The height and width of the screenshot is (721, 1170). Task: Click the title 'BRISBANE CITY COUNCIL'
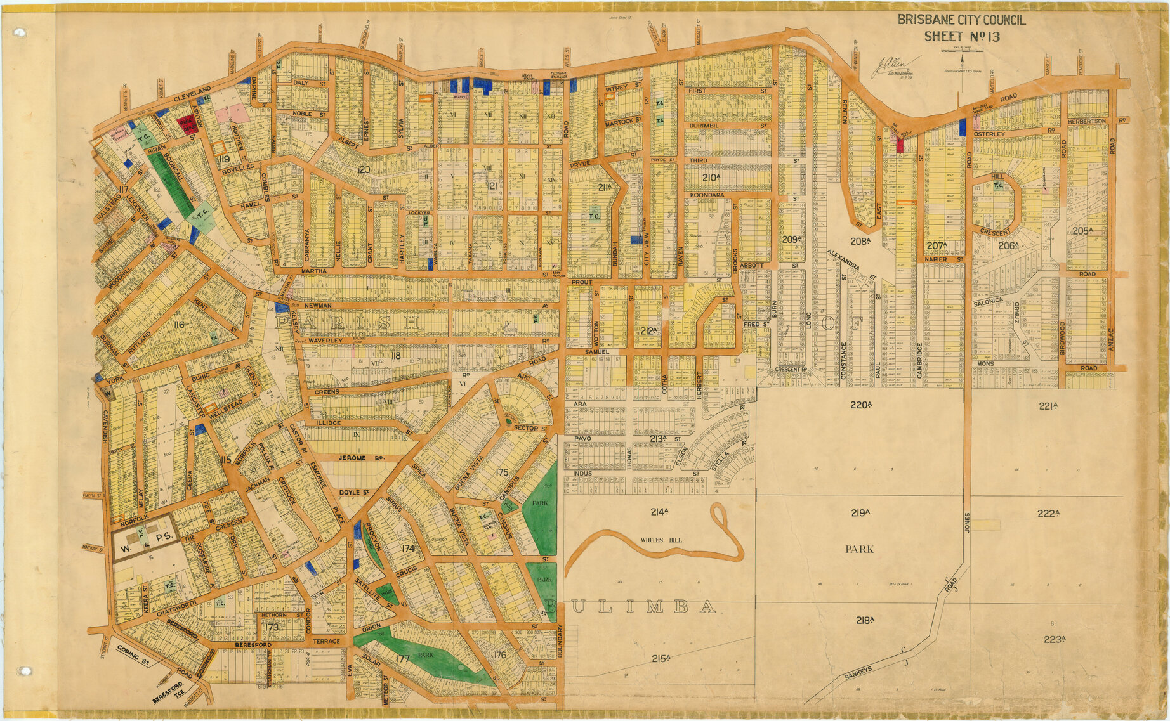[x=961, y=20]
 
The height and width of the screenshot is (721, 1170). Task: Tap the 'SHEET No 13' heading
[x=961, y=37]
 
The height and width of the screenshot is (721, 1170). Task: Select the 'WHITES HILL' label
[x=660, y=540]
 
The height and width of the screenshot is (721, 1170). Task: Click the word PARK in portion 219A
[x=859, y=549]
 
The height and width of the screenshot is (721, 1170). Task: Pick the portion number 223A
[x=1055, y=639]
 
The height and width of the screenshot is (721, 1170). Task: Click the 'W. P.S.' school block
[x=143, y=536]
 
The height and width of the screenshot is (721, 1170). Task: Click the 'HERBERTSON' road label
[x=1086, y=121]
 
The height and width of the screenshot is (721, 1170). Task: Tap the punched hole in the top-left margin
[x=20, y=32]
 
